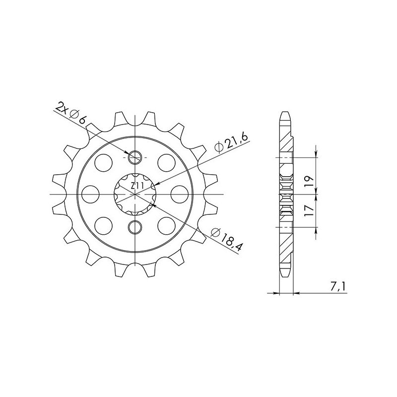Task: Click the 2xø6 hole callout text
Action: click(x=72, y=112)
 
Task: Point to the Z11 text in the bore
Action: click(x=137, y=186)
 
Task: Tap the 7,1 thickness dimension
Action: click(x=341, y=287)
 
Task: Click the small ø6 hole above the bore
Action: click(x=135, y=158)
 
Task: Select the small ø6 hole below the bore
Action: click(x=135, y=228)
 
